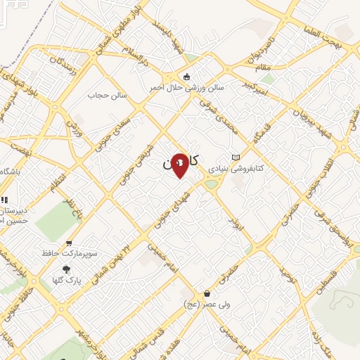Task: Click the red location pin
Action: point(180,166)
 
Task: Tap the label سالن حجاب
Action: point(106,94)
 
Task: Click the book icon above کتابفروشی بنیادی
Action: point(236,157)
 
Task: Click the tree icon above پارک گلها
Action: point(67,269)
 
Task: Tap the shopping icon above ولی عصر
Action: point(207,293)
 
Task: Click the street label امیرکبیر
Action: point(254,88)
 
